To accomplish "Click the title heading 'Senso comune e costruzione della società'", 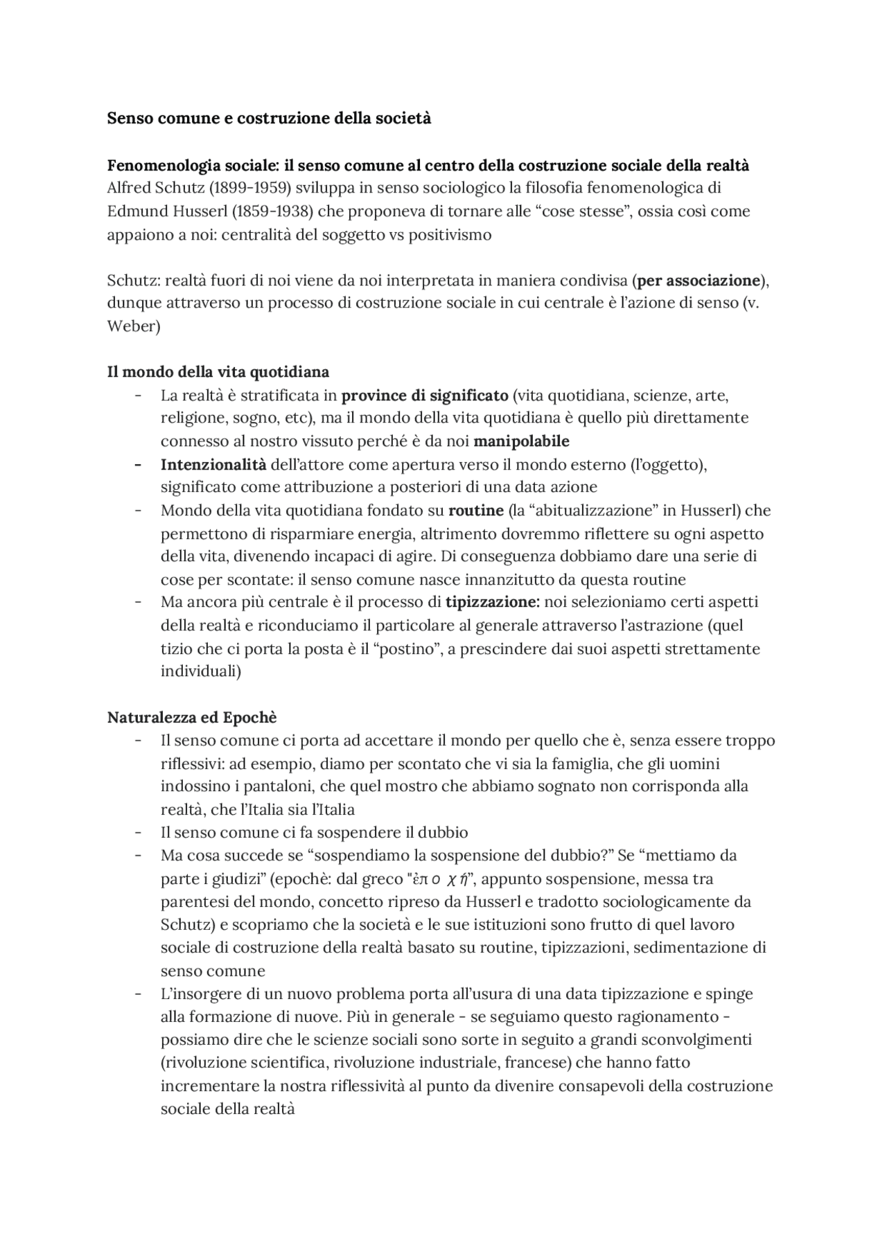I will (269, 118).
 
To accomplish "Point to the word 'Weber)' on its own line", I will (133, 326).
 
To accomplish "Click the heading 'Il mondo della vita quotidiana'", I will (218, 372).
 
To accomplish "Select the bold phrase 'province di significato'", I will (425, 396).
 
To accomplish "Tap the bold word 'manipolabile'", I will (521, 441).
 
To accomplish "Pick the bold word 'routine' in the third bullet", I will (476, 511).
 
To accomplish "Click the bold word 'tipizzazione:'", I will (493, 602).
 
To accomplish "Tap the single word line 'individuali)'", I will (200, 671).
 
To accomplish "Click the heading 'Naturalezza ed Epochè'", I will (192, 717).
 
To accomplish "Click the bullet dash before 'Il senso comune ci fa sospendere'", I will (139, 833).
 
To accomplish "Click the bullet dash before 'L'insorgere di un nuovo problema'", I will (139, 994).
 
